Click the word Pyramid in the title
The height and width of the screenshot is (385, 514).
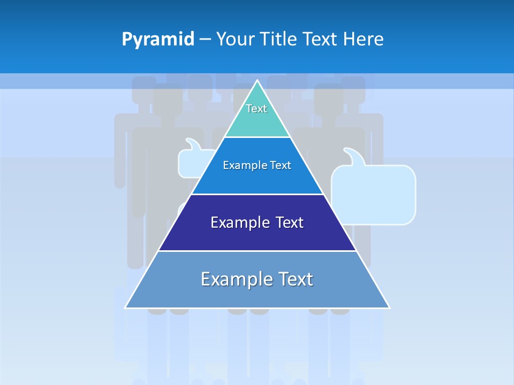[158, 40]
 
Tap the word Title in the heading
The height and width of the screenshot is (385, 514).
[279, 40]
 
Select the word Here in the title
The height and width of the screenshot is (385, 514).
[363, 40]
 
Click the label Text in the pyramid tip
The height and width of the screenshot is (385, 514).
[256, 109]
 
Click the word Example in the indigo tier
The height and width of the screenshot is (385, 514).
[238, 222]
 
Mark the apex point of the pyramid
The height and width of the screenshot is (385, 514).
[257, 81]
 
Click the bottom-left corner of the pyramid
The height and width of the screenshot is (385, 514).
[126, 307]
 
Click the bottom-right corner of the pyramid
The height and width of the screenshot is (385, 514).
[389, 307]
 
